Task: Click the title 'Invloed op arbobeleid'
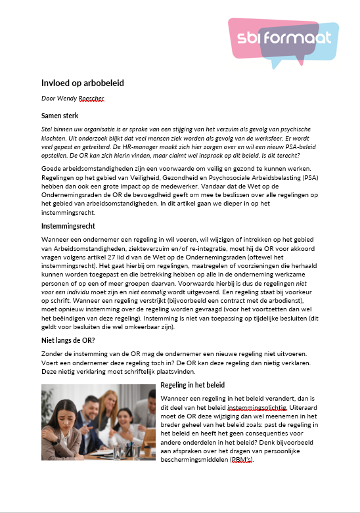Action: point(82,83)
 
